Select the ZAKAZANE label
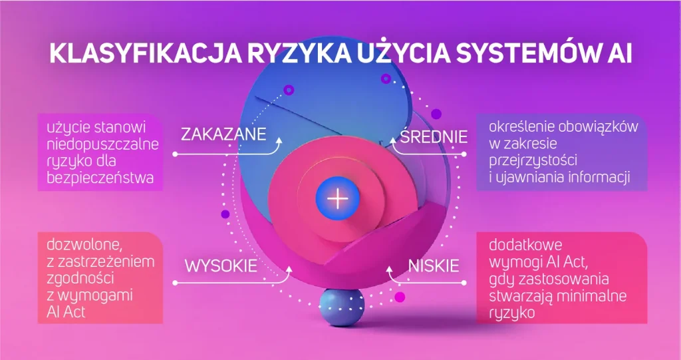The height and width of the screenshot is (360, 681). (223, 134)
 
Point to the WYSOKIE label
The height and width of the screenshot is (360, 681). (221, 266)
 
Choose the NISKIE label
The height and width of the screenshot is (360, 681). (434, 266)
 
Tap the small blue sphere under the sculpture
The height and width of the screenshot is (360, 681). (342, 307)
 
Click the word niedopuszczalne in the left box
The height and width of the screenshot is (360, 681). (103, 145)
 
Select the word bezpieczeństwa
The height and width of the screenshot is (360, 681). (100, 178)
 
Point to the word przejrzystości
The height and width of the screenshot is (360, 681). (533, 161)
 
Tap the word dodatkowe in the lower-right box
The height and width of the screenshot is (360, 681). (525, 245)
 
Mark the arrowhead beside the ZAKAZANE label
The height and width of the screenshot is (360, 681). (279, 141)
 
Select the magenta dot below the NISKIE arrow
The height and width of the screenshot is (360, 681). (400, 297)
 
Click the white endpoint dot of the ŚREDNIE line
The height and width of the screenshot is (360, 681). (464, 154)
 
